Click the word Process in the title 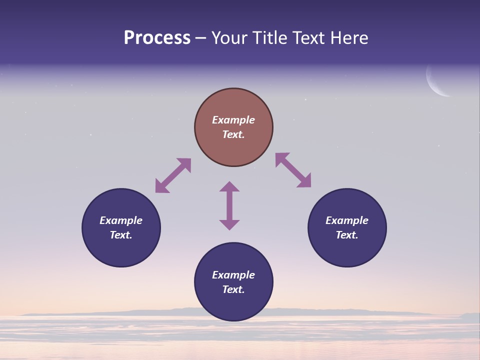click(x=157, y=38)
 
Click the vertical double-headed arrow click(x=229, y=205)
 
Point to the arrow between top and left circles click(x=173, y=175)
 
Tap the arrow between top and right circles click(x=293, y=170)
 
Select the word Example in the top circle click(x=233, y=120)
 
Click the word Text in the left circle click(x=121, y=235)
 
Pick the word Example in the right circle click(x=347, y=220)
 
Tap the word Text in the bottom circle click(x=233, y=289)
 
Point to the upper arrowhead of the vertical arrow click(x=229, y=186)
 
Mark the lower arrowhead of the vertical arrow click(x=229, y=224)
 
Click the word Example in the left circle click(x=121, y=220)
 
